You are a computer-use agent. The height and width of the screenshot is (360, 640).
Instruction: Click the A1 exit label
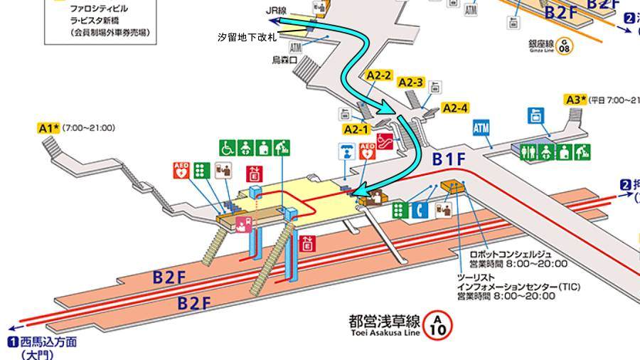[x=48, y=128]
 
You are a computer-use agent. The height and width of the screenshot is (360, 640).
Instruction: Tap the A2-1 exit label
[x=355, y=129]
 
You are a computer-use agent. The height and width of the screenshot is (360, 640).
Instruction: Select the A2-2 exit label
[x=380, y=74]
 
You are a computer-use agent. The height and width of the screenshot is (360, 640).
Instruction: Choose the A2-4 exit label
[x=455, y=108]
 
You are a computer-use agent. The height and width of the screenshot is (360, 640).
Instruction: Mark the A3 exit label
[x=575, y=99]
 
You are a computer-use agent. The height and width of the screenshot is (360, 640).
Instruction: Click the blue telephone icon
[x=420, y=210]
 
